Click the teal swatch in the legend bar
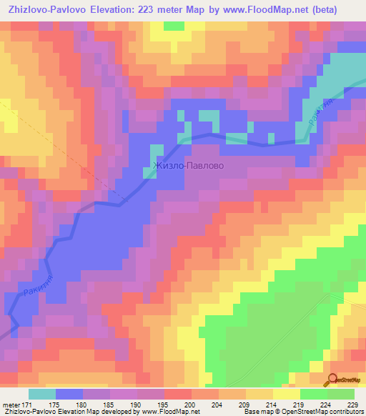tap(41, 394)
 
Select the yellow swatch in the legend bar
tap(286, 394)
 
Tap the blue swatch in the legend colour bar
tap(69, 394)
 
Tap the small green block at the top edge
tap(173, 26)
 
